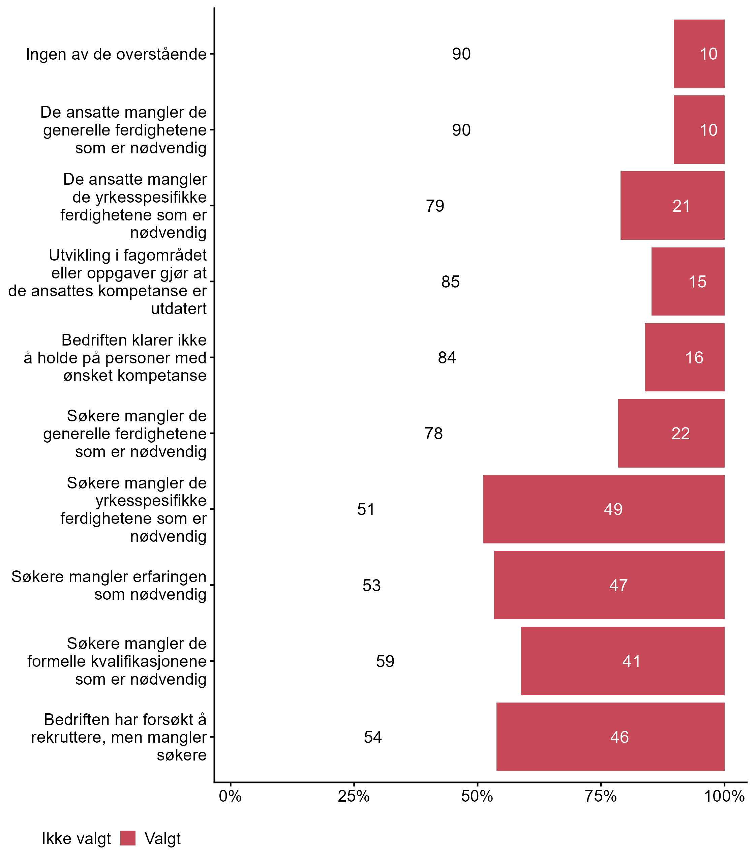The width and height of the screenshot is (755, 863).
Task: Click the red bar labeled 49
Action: click(x=603, y=509)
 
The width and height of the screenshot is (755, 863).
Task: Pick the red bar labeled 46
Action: click(x=610, y=737)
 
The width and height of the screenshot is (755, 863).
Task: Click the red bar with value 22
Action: click(x=671, y=433)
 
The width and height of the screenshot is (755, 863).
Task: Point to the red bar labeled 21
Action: click(x=672, y=206)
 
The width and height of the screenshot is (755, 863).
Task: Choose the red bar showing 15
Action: click(x=688, y=281)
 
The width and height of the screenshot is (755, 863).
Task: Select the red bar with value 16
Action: click(x=684, y=357)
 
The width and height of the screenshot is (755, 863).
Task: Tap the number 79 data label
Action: click(x=435, y=206)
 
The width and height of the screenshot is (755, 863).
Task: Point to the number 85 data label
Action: click(x=450, y=282)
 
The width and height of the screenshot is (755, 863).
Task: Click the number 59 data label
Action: click(x=385, y=661)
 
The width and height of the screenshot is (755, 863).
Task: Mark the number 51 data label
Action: click(x=366, y=509)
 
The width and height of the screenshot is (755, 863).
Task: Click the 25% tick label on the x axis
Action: click(x=354, y=796)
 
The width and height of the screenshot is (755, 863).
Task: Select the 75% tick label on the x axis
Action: click(x=601, y=796)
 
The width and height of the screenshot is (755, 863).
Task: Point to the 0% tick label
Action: click(x=230, y=796)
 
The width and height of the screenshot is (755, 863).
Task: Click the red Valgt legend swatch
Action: click(x=128, y=839)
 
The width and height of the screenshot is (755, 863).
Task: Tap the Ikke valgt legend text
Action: click(x=76, y=839)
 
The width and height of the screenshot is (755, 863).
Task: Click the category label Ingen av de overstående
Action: click(x=116, y=54)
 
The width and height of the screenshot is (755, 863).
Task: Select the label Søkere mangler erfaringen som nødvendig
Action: click(x=109, y=585)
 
